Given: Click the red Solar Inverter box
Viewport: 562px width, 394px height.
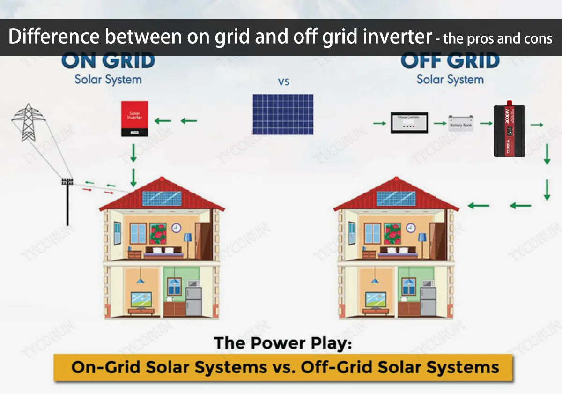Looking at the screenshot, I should (135, 119).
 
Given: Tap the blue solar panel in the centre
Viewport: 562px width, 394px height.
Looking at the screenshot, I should (283, 114).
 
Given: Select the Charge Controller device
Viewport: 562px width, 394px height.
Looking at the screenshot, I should (409, 122).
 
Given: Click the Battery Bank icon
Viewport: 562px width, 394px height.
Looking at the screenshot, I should (461, 123).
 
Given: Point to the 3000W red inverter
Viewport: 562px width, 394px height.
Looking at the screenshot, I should (509, 131).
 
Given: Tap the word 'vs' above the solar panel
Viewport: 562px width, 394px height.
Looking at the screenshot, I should (284, 82).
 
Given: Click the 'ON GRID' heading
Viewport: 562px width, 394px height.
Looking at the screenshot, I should (108, 61).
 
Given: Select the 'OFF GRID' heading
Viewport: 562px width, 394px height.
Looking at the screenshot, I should (450, 61).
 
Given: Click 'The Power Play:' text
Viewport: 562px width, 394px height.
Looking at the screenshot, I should (283, 343).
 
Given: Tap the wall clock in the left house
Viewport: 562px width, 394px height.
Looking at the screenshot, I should (176, 228).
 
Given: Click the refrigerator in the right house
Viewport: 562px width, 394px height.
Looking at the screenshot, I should (428, 301).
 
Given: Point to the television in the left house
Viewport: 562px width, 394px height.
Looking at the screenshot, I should (141, 298).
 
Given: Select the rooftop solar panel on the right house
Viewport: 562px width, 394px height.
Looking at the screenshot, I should (396, 198).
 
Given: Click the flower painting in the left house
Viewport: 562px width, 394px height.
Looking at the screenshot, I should (158, 233).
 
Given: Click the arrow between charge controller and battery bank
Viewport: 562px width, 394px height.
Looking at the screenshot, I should (439, 123).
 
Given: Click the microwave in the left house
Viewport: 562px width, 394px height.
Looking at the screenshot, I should (193, 283).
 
